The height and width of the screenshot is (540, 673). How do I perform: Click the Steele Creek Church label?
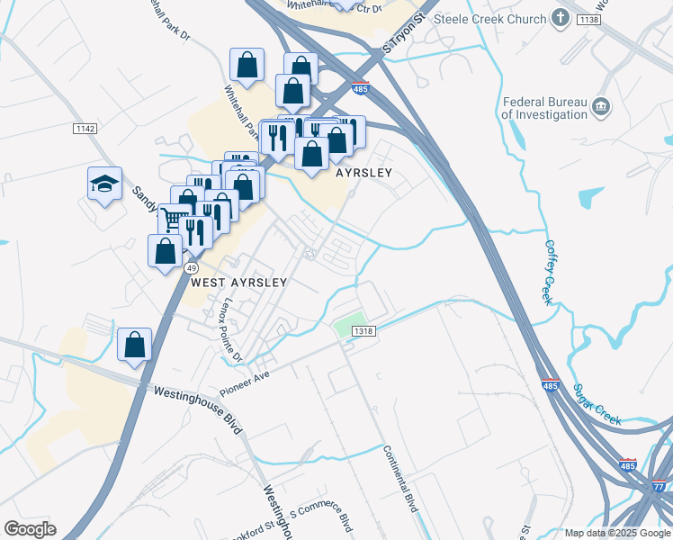[x=490, y=19]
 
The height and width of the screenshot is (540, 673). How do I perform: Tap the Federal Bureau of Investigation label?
[x=544, y=108]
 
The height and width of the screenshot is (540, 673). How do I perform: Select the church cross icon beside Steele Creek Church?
[x=561, y=18]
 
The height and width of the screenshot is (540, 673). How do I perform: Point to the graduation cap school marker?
[x=104, y=184]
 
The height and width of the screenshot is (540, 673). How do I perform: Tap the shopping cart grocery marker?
[x=174, y=219]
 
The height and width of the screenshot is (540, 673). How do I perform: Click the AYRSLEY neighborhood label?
[x=365, y=172]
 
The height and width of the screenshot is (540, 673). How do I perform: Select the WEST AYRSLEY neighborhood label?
[x=239, y=282]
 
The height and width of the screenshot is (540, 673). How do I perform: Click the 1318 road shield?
[x=363, y=331]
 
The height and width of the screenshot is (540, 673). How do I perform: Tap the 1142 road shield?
[x=85, y=130]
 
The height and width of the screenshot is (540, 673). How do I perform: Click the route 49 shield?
[x=191, y=268]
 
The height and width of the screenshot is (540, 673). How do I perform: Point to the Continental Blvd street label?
[x=401, y=480]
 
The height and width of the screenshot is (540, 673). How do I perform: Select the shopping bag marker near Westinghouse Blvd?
[x=134, y=344]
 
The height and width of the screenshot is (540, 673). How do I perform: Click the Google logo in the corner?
[x=30, y=529]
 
